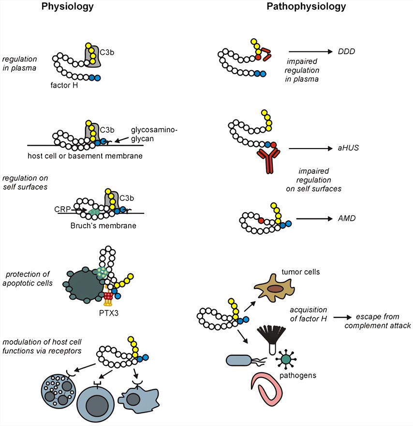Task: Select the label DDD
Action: pos(346,51)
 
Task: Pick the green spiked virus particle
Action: pos(286,359)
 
